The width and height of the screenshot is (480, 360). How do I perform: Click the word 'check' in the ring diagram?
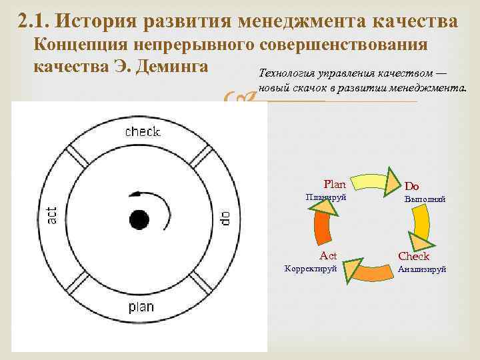(x=143, y=131)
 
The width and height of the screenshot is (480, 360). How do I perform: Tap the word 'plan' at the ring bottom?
(x=141, y=307)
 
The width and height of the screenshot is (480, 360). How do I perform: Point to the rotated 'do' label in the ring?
(x=226, y=217)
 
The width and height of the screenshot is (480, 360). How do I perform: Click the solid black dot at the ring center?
(x=139, y=218)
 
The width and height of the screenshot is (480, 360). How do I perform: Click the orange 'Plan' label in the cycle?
(x=335, y=184)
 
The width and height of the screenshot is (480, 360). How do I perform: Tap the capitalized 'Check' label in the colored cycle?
(x=413, y=256)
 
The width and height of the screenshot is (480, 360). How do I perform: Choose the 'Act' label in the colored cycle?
(x=328, y=255)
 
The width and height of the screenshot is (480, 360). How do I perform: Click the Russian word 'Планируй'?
(x=325, y=197)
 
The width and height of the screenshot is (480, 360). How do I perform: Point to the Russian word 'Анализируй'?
(x=421, y=269)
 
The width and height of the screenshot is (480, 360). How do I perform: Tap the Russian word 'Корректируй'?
(x=310, y=269)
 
